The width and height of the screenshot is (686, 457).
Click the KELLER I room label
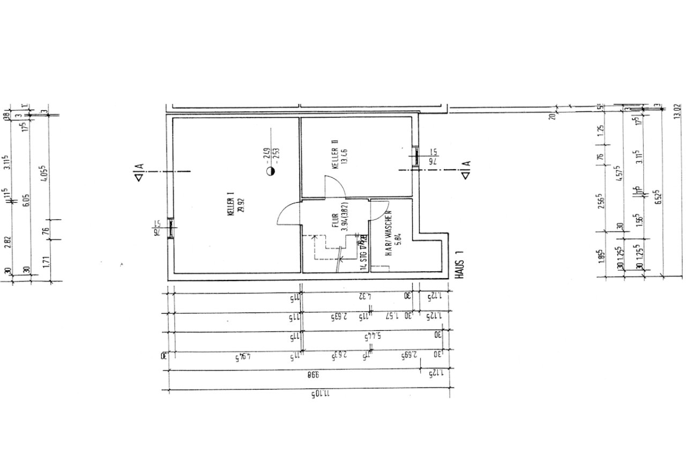coord(230,206)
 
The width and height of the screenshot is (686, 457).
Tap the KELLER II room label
coord(334,155)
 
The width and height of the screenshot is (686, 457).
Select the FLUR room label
coord(334,222)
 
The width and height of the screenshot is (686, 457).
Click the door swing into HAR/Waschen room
coord(379,211)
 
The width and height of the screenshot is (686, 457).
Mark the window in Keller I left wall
coord(170,229)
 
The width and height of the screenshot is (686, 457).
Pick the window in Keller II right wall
coord(416,156)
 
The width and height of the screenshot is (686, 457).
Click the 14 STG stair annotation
coord(364,254)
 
